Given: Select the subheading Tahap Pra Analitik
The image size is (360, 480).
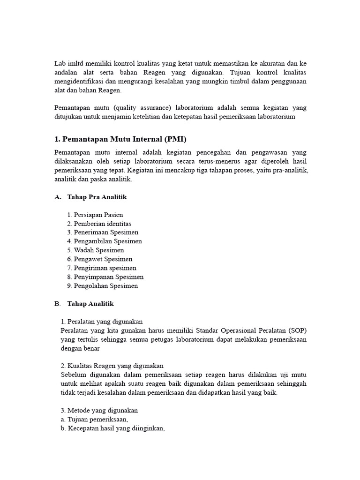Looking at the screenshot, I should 97,197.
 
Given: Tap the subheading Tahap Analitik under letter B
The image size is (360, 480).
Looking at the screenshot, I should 90,304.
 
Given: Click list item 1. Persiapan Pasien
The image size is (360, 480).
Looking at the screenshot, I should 95,215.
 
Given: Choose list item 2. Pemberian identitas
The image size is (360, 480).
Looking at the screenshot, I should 99,224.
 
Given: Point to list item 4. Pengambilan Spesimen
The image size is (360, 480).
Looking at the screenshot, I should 105,241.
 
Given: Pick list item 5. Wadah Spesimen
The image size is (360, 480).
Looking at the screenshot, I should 96,250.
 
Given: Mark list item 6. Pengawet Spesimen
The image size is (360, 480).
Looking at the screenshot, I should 100,259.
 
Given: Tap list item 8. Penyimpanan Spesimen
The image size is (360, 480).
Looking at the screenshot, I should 105,277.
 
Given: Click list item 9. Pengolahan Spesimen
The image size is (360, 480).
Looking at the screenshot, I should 103,286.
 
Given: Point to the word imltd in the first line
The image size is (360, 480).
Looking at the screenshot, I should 75,63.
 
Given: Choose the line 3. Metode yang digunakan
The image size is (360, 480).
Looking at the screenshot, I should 99,410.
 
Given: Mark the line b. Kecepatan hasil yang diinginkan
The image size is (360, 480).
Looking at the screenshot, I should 113,428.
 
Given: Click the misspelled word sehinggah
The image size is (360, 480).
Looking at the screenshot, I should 291,383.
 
